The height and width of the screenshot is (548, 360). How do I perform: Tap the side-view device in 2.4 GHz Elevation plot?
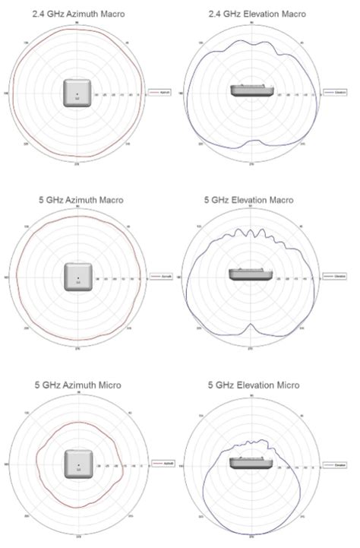250,90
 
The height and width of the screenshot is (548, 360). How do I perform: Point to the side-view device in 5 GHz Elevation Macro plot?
249,274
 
